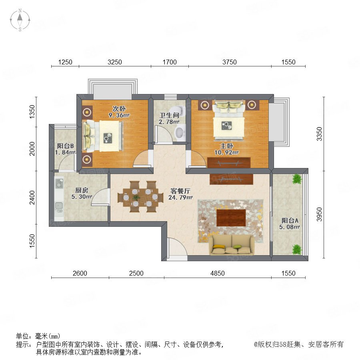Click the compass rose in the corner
point(20,20)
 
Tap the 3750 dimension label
point(229,62)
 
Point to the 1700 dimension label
point(170,62)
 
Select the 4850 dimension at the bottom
point(218,273)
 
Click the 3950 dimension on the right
point(319,214)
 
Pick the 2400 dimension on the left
point(32,197)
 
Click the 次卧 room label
point(119,108)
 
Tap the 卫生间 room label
point(169,115)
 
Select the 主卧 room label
point(227,146)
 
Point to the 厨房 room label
point(82,190)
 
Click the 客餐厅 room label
point(180,191)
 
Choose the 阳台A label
point(290,220)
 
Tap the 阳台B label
point(66,146)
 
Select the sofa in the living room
point(232,245)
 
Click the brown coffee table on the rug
point(231,218)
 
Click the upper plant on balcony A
point(297,179)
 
